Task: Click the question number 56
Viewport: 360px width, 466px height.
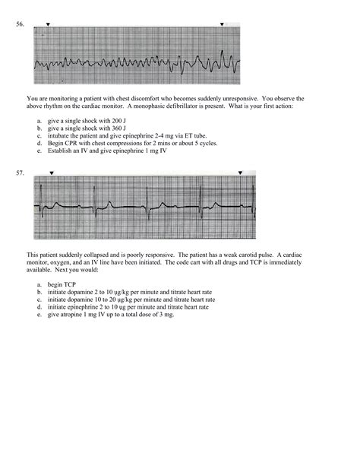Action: [x=20, y=24]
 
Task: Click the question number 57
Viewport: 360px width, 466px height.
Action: [x=20, y=173]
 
